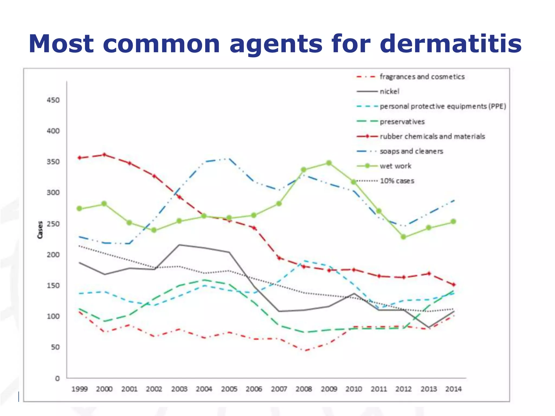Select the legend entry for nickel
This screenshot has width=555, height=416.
pos(389,92)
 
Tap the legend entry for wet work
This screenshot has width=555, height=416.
pos(395,166)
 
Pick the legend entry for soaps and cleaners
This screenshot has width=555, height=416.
pos(411,151)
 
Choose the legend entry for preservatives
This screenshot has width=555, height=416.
pos(402,122)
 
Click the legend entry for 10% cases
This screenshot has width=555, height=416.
pos(397,181)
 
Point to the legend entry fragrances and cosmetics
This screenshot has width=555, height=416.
pos(422,77)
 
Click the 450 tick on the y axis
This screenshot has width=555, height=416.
pos(53,100)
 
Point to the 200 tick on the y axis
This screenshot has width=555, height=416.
pos(53,255)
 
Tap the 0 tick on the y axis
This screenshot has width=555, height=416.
pos(57,378)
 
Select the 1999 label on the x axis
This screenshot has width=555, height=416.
pos(79,389)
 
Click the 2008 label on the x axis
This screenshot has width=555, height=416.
pos(304,389)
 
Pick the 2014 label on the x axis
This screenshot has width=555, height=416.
pos(453,389)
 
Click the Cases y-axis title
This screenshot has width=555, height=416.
pos(40,230)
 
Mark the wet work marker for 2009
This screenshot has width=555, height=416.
pos(329,163)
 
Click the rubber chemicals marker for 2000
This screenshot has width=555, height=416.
pos(104,155)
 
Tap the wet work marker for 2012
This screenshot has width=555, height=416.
pos(404,237)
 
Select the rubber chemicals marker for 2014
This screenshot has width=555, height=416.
pos(453,285)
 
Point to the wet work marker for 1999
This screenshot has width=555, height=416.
pos(79,209)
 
